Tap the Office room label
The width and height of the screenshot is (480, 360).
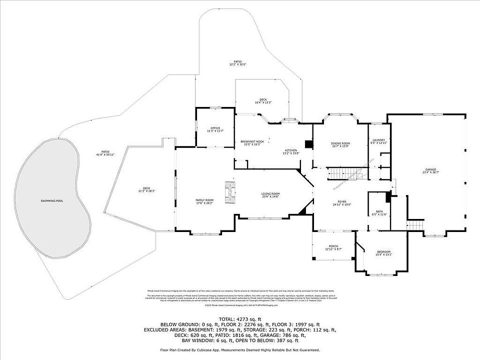pyautogui.click(x=215, y=128)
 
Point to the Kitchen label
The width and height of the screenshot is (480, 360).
pyautogui.click(x=291, y=150)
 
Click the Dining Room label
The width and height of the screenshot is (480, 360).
pyautogui.click(x=340, y=143)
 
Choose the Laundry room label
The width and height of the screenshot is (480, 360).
pyautogui.click(x=378, y=140)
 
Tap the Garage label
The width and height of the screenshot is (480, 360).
pyautogui.click(x=430, y=170)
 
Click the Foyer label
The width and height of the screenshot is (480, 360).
pyautogui.click(x=341, y=201)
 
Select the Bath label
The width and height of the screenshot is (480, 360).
pyautogui.click(x=379, y=211)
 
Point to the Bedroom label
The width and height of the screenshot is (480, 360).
pyautogui.click(x=383, y=251)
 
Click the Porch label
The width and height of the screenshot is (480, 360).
pyautogui.click(x=333, y=246)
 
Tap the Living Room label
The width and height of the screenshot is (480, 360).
pyautogui.click(x=270, y=193)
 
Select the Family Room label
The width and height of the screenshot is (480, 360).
pyautogui.click(x=204, y=200)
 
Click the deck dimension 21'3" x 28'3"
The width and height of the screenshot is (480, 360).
pyautogui.click(x=146, y=191)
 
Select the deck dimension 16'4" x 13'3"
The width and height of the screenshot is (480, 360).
pyautogui.click(x=263, y=102)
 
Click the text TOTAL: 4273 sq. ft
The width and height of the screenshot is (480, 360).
pyautogui.click(x=240, y=318)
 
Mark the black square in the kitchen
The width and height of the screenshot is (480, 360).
pyautogui.click(x=308, y=144)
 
